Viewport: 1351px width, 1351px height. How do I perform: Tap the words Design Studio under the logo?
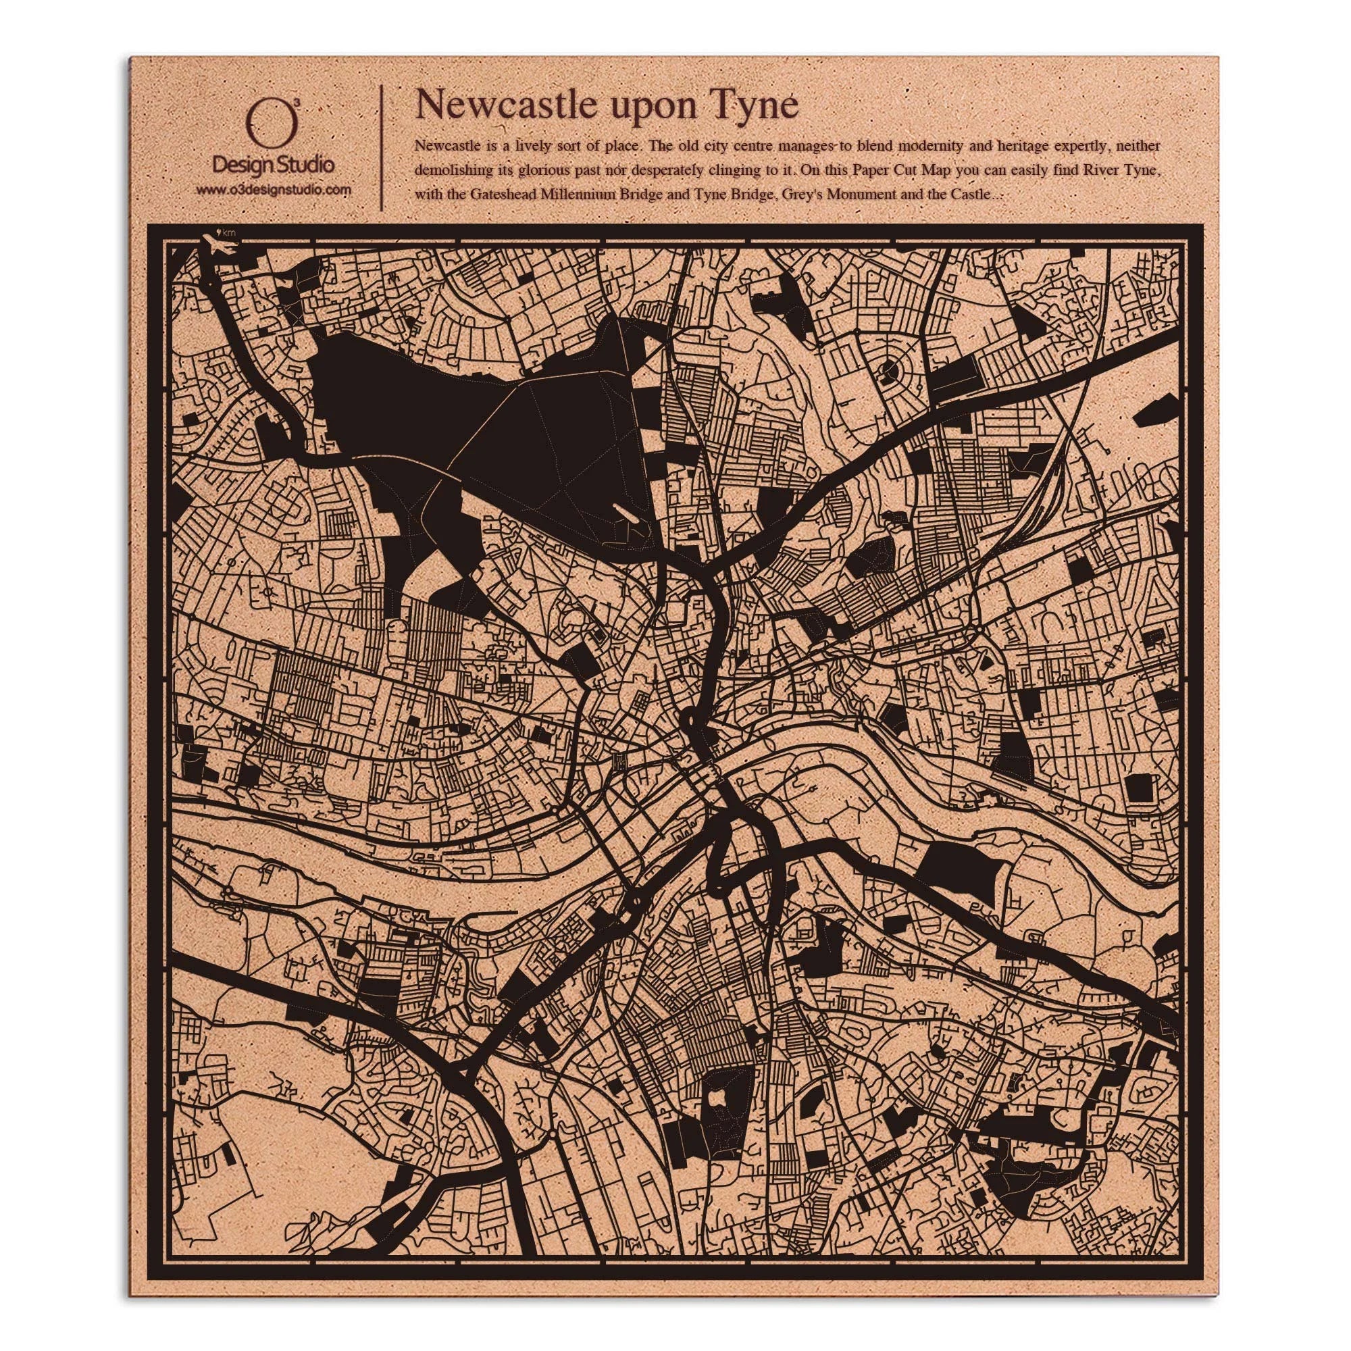[x=273, y=165]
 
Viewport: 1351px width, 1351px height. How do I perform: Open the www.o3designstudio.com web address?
[x=273, y=190]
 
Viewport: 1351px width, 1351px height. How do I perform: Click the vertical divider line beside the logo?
[x=382, y=147]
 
